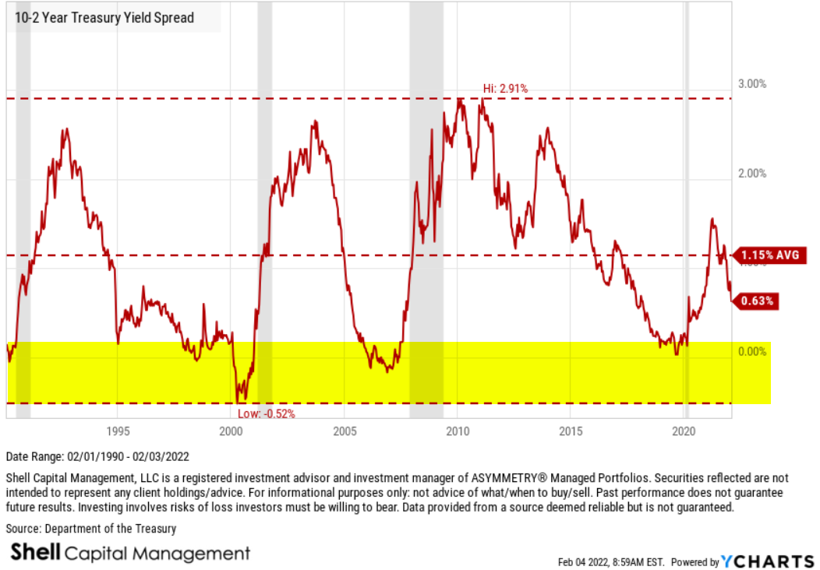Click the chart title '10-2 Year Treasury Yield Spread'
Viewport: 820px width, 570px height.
click(104, 18)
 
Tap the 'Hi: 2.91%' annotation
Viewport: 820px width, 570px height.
click(504, 89)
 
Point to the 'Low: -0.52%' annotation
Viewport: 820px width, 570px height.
click(267, 413)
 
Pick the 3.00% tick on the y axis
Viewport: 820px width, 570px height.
click(751, 84)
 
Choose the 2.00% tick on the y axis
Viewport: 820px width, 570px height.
click(751, 173)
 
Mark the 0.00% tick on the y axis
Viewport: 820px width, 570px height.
click(751, 352)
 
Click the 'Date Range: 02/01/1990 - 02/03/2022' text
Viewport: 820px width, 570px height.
click(97, 457)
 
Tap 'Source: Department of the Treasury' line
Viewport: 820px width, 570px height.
click(91, 529)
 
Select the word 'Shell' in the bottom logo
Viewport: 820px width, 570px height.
click(34, 553)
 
